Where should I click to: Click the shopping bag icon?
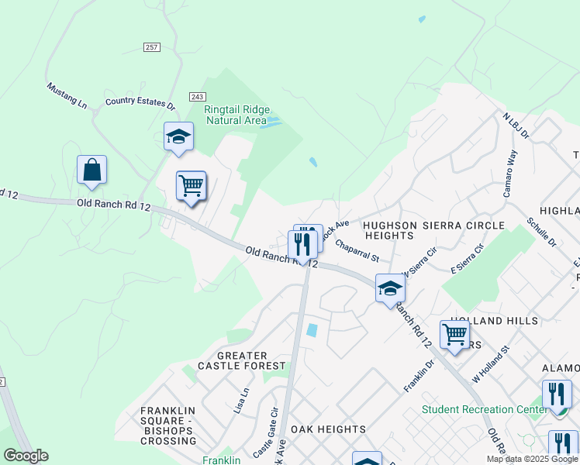click(91, 170)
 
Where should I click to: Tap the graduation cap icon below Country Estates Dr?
click(178, 137)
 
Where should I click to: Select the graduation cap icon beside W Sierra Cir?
click(390, 289)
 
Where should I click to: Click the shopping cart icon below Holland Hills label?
click(454, 335)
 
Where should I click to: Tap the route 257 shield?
click(152, 47)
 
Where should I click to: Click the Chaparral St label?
click(357, 250)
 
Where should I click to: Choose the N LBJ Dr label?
click(515, 125)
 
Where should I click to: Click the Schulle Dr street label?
click(541, 232)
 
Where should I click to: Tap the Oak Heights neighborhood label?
click(328, 429)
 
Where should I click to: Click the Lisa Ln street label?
click(242, 401)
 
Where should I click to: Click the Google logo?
click(26, 456)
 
